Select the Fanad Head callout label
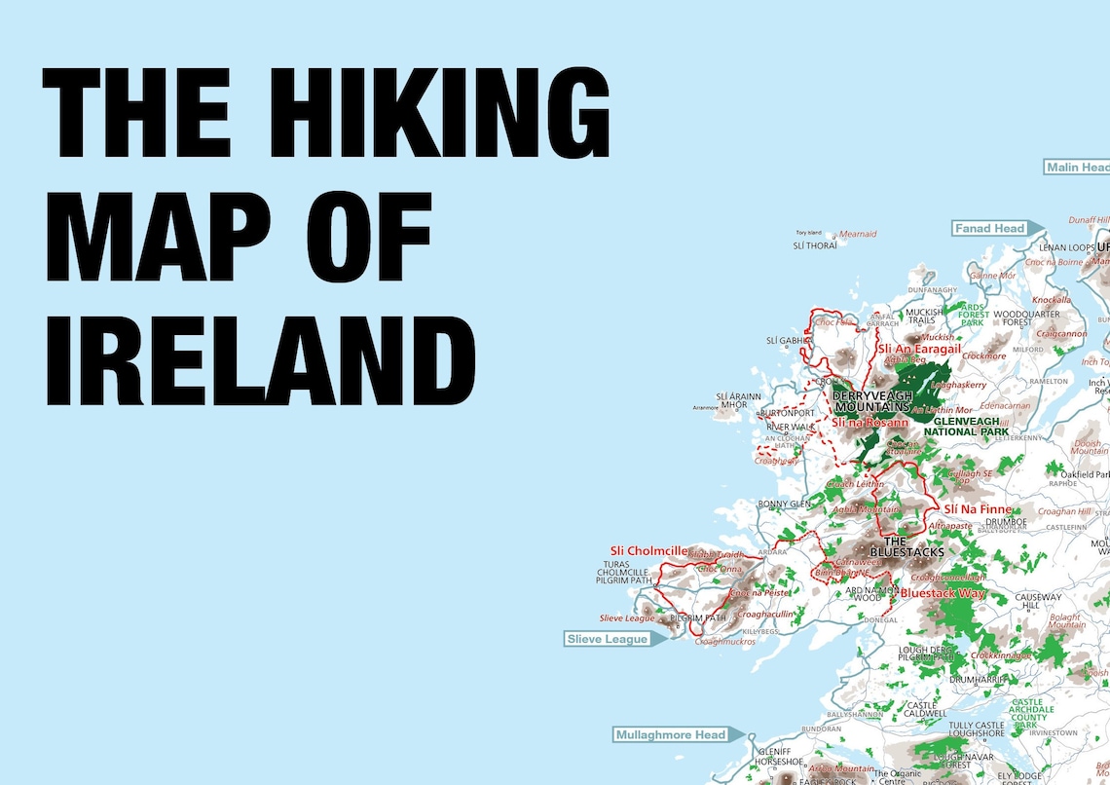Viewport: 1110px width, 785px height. (x=989, y=229)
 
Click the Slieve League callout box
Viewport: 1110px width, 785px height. (x=608, y=640)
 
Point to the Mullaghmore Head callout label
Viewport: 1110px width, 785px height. (x=670, y=734)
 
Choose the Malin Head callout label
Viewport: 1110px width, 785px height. (x=1077, y=168)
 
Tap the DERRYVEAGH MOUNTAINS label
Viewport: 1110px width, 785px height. (x=871, y=401)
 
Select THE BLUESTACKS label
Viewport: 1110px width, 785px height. (x=900, y=547)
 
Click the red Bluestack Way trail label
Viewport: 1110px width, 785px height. (x=943, y=593)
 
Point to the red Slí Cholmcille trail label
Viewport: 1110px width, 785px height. (x=649, y=551)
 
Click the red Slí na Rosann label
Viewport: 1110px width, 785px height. (x=869, y=423)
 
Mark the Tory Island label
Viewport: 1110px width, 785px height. (x=809, y=234)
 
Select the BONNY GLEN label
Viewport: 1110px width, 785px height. (x=784, y=504)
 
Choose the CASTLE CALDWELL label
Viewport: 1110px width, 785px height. (x=921, y=710)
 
